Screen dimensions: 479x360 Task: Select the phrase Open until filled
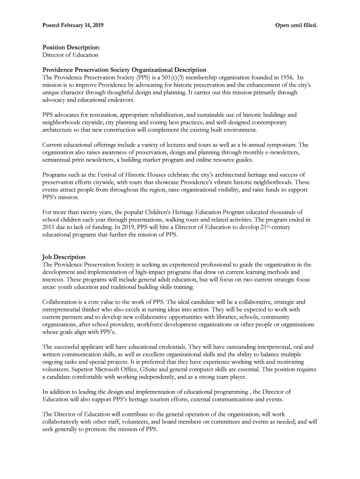[296, 24]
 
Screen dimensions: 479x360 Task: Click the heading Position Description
[71, 48]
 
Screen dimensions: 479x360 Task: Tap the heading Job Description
[64, 257]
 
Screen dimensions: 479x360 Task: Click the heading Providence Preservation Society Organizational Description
[124, 70]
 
